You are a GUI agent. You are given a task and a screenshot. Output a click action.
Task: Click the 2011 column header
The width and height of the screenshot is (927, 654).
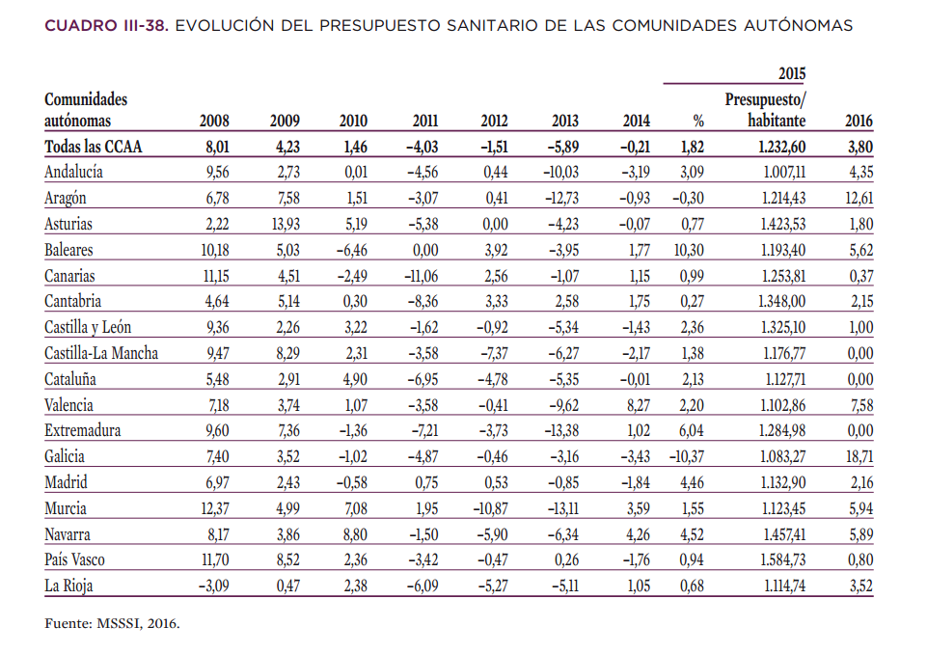(x=425, y=121)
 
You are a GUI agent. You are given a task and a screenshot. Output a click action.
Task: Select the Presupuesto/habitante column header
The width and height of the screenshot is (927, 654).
(x=765, y=110)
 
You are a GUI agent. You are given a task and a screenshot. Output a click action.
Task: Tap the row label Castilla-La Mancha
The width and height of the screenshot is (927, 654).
(x=101, y=353)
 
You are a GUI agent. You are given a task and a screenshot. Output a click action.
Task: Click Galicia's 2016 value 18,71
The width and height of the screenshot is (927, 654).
(x=859, y=456)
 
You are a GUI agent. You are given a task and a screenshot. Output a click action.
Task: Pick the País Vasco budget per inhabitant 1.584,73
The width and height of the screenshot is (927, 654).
(x=782, y=560)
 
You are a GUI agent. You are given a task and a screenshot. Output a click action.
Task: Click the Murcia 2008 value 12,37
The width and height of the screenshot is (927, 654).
(x=214, y=508)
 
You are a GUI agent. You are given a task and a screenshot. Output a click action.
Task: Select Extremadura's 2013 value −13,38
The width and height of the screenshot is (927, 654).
(x=561, y=430)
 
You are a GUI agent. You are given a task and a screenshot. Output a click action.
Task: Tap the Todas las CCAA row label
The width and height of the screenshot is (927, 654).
(x=93, y=147)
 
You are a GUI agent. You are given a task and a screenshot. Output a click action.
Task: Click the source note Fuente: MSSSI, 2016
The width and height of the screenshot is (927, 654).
(x=112, y=623)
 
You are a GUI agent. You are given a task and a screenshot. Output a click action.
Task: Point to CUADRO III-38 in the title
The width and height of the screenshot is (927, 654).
(x=106, y=25)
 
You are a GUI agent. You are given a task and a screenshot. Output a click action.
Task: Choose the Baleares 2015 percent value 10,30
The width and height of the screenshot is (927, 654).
(x=689, y=250)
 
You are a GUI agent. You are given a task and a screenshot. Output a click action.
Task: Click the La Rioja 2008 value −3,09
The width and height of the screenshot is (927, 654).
(x=213, y=586)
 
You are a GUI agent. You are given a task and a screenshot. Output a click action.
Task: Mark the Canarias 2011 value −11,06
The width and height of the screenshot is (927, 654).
(x=422, y=276)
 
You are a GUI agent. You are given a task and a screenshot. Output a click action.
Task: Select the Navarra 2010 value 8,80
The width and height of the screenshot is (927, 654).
(x=355, y=534)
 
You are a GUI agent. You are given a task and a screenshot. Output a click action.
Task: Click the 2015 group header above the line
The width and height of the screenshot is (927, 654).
(x=792, y=73)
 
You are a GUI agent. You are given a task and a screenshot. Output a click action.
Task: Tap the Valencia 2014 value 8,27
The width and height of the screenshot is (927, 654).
(x=638, y=405)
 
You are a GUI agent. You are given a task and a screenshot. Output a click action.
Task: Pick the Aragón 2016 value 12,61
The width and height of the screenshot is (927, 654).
(x=859, y=198)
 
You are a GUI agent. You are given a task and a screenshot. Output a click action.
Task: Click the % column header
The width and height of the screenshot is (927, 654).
(x=698, y=122)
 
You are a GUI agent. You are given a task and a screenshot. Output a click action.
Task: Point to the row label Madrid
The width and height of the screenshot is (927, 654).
(x=66, y=482)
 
